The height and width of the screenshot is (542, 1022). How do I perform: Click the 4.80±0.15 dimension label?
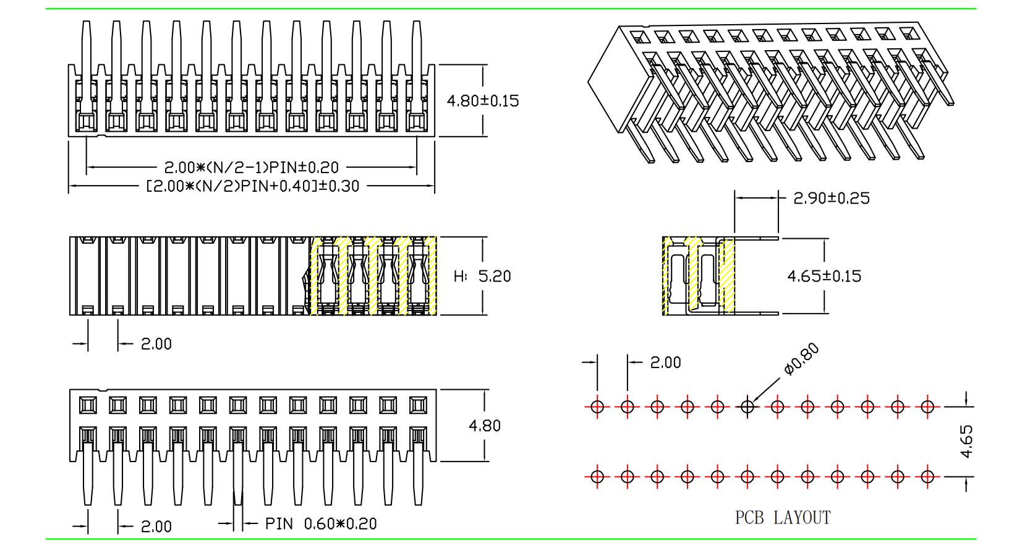click(483, 101)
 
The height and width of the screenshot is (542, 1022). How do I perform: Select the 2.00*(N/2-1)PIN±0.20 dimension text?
click(252, 167)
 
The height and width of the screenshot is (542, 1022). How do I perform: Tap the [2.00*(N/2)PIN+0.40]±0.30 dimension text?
click(253, 186)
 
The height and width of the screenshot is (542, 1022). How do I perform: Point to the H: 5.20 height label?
click(483, 276)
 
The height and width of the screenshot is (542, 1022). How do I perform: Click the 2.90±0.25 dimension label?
click(832, 198)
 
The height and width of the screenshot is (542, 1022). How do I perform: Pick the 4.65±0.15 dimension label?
click(824, 276)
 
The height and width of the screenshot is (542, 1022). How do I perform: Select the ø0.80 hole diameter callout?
click(802, 359)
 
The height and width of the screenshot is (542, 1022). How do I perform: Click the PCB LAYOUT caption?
click(783, 518)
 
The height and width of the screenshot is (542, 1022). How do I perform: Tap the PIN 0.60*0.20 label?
click(321, 524)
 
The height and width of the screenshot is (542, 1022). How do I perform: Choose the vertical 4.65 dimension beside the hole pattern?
click(966, 441)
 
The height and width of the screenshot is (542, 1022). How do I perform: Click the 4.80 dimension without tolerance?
click(485, 426)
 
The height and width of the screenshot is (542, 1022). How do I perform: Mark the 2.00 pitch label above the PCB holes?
click(666, 363)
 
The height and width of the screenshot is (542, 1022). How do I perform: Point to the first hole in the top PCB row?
click(597, 406)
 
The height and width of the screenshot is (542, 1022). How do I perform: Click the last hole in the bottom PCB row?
click(927, 476)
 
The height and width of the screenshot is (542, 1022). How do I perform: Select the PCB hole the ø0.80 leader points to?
click(747, 406)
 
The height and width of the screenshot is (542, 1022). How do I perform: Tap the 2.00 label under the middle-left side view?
click(156, 344)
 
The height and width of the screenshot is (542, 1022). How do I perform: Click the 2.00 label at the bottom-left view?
click(156, 527)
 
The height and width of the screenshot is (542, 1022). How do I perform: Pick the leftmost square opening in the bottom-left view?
click(88, 405)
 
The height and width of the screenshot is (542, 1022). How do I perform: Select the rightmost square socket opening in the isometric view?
click(910, 32)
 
